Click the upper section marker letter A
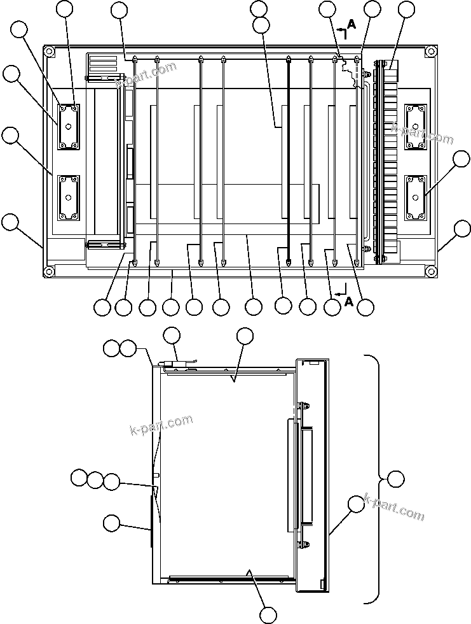tap(352, 25)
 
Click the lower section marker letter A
tap(348, 302)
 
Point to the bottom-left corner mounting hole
tap(48, 271)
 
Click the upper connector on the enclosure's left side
tap(69, 126)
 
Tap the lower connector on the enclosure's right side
tap(414, 198)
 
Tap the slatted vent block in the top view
tap(103, 65)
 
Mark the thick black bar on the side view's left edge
tap(151, 521)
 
